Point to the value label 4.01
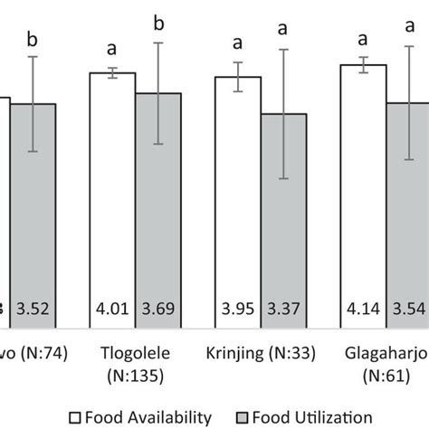112,315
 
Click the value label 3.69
158,315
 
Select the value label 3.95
237,315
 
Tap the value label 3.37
283,315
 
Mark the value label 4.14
363,315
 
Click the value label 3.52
33,315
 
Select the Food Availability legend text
158,416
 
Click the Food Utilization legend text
318,416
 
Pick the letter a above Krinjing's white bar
237,43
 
